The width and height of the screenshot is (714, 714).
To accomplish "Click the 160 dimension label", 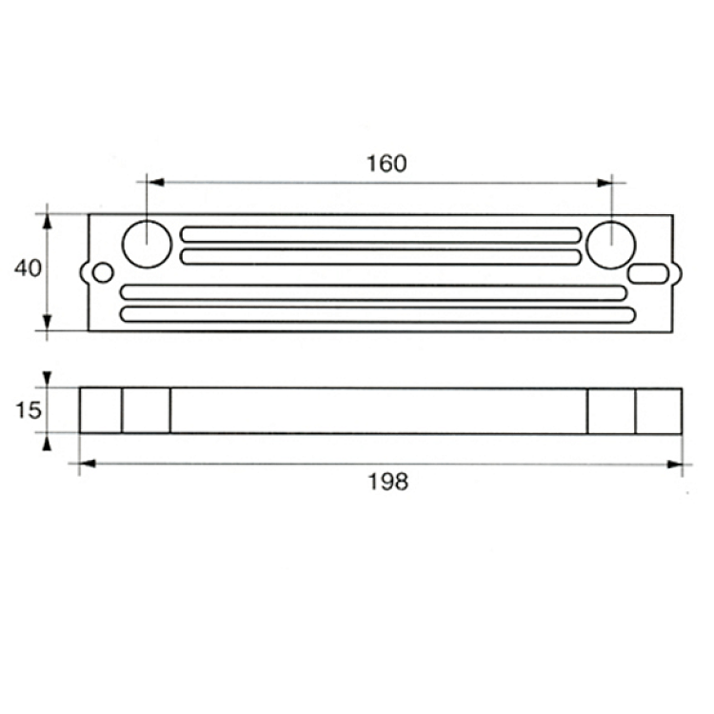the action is tap(387, 164).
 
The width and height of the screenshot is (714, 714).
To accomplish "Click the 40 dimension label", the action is tap(28, 268).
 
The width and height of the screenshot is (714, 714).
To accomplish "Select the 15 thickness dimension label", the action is tap(29, 410).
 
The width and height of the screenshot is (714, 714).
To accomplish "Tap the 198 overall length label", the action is tap(388, 482).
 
